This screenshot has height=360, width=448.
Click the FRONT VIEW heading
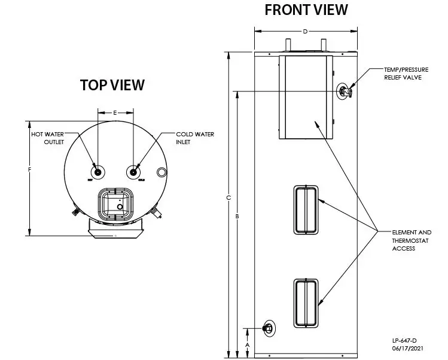[x=306, y=10]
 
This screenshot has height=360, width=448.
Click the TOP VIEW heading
[x=112, y=85]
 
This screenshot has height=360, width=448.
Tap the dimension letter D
[x=305, y=32]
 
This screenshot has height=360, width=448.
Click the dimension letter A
[x=248, y=344]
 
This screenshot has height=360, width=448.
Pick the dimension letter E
[x=115, y=112]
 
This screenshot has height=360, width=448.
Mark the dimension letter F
[x=29, y=170]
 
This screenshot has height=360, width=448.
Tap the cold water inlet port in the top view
[x=133, y=172]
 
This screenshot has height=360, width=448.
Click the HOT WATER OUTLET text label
[x=47, y=138]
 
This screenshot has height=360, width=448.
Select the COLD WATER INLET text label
[x=194, y=138]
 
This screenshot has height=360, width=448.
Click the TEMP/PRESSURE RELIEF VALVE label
[x=407, y=74]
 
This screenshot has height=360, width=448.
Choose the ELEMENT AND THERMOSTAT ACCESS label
[x=412, y=240]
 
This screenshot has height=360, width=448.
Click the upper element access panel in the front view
[x=306, y=209]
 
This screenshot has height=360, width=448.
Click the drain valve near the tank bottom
[x=268, y=328]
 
